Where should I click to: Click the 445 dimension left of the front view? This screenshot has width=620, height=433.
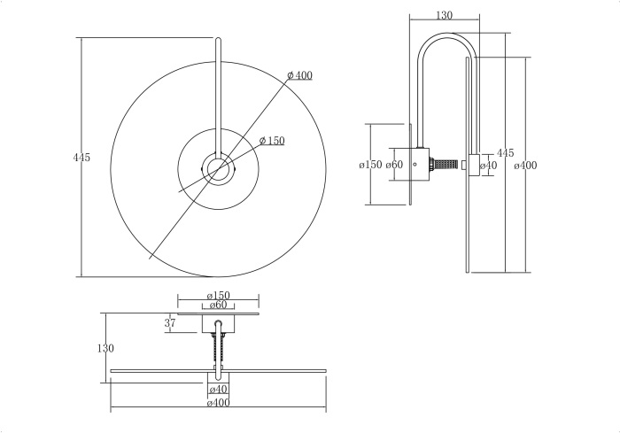(x=81, y=157)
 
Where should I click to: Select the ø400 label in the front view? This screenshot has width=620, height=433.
(x=299, y=76)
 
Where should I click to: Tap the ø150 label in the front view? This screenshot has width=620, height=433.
(x=272, y=141)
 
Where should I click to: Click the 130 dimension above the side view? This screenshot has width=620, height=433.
(x=445, y=15)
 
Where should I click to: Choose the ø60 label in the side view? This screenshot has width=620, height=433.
(x=394, y=165)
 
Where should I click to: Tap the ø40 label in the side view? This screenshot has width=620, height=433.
(x=487, y=165)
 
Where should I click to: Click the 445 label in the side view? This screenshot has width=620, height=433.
(x=505, y=153)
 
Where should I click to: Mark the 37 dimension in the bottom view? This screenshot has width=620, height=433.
(x=170, y=324)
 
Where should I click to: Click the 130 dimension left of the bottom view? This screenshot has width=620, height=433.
(x=105, y=349)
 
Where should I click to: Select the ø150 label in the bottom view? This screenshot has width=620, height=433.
(x=218, y=296)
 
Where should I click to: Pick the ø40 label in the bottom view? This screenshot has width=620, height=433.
(x=218, y=390)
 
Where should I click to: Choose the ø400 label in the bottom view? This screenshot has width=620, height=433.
(x=218, y=404)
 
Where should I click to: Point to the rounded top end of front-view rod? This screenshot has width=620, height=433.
(x=218, y=39)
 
